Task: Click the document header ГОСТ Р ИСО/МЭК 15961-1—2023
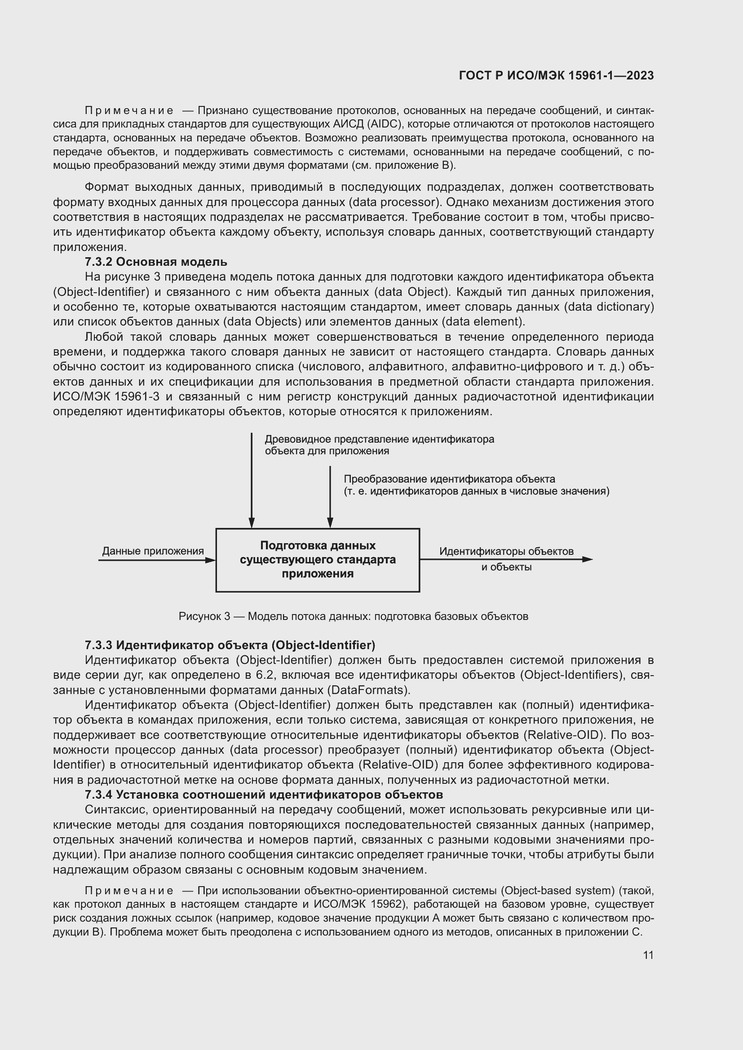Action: pos(556,76)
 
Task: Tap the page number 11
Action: pos(648,955)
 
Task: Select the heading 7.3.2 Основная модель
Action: pos(156,262)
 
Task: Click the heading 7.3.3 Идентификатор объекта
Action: pos(230,645)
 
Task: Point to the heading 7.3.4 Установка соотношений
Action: pos(264,795)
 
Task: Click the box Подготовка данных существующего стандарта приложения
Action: pos(318,560)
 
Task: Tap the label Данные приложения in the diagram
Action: pos(153,551)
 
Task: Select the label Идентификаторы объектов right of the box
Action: pos(506,551)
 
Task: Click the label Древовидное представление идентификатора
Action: pos(379,439)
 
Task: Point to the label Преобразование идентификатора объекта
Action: pos(449,479)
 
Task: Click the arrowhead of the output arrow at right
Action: pos(588,559)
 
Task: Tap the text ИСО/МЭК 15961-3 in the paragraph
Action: pos(106,396)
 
